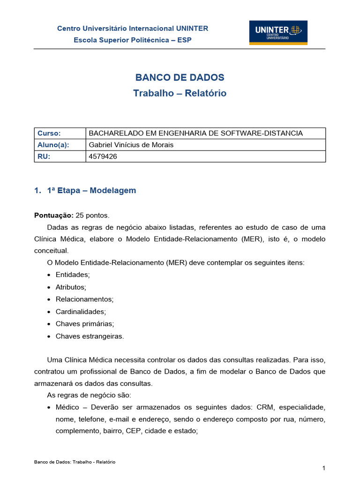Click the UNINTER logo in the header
pyautogui.click(x=278, y=32)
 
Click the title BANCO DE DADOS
pyautogui.click(x=180, y=78)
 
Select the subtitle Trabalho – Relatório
pyautogui.click(x=180, y=93)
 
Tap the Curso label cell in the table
pyautogui.click(x=49, y=133)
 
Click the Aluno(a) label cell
pyautogui.click(x=53, y=145)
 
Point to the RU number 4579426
pyautogui.click(x=103, y=157)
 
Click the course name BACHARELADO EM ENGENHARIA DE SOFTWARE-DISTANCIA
pyautogui.click(x=195, y=133)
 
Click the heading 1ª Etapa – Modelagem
pyautogui.click(x=91, y=190)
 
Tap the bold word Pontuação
pyautogui.click(x=53, y=215)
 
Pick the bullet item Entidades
pyautogui.click(x=72, y=274)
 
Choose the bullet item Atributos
pyautogui.click(x=71, y=287)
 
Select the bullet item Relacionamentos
pyautogui.click(x=84, y=299)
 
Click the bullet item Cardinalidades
pyautogui.click(x=81, y=311)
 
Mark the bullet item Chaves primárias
pyautogui.click(x=84, y=323)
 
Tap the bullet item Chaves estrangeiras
pyautogui.click(x=90, y=336)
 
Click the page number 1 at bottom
pyautogui.click(x=323, y=468)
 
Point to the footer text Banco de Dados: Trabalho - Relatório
pyautogui.click(x=75, y=462)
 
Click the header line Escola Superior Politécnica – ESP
pyautogui.click(x=133, y=40)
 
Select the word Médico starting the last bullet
pyautogui.click(x=67, y=407)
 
